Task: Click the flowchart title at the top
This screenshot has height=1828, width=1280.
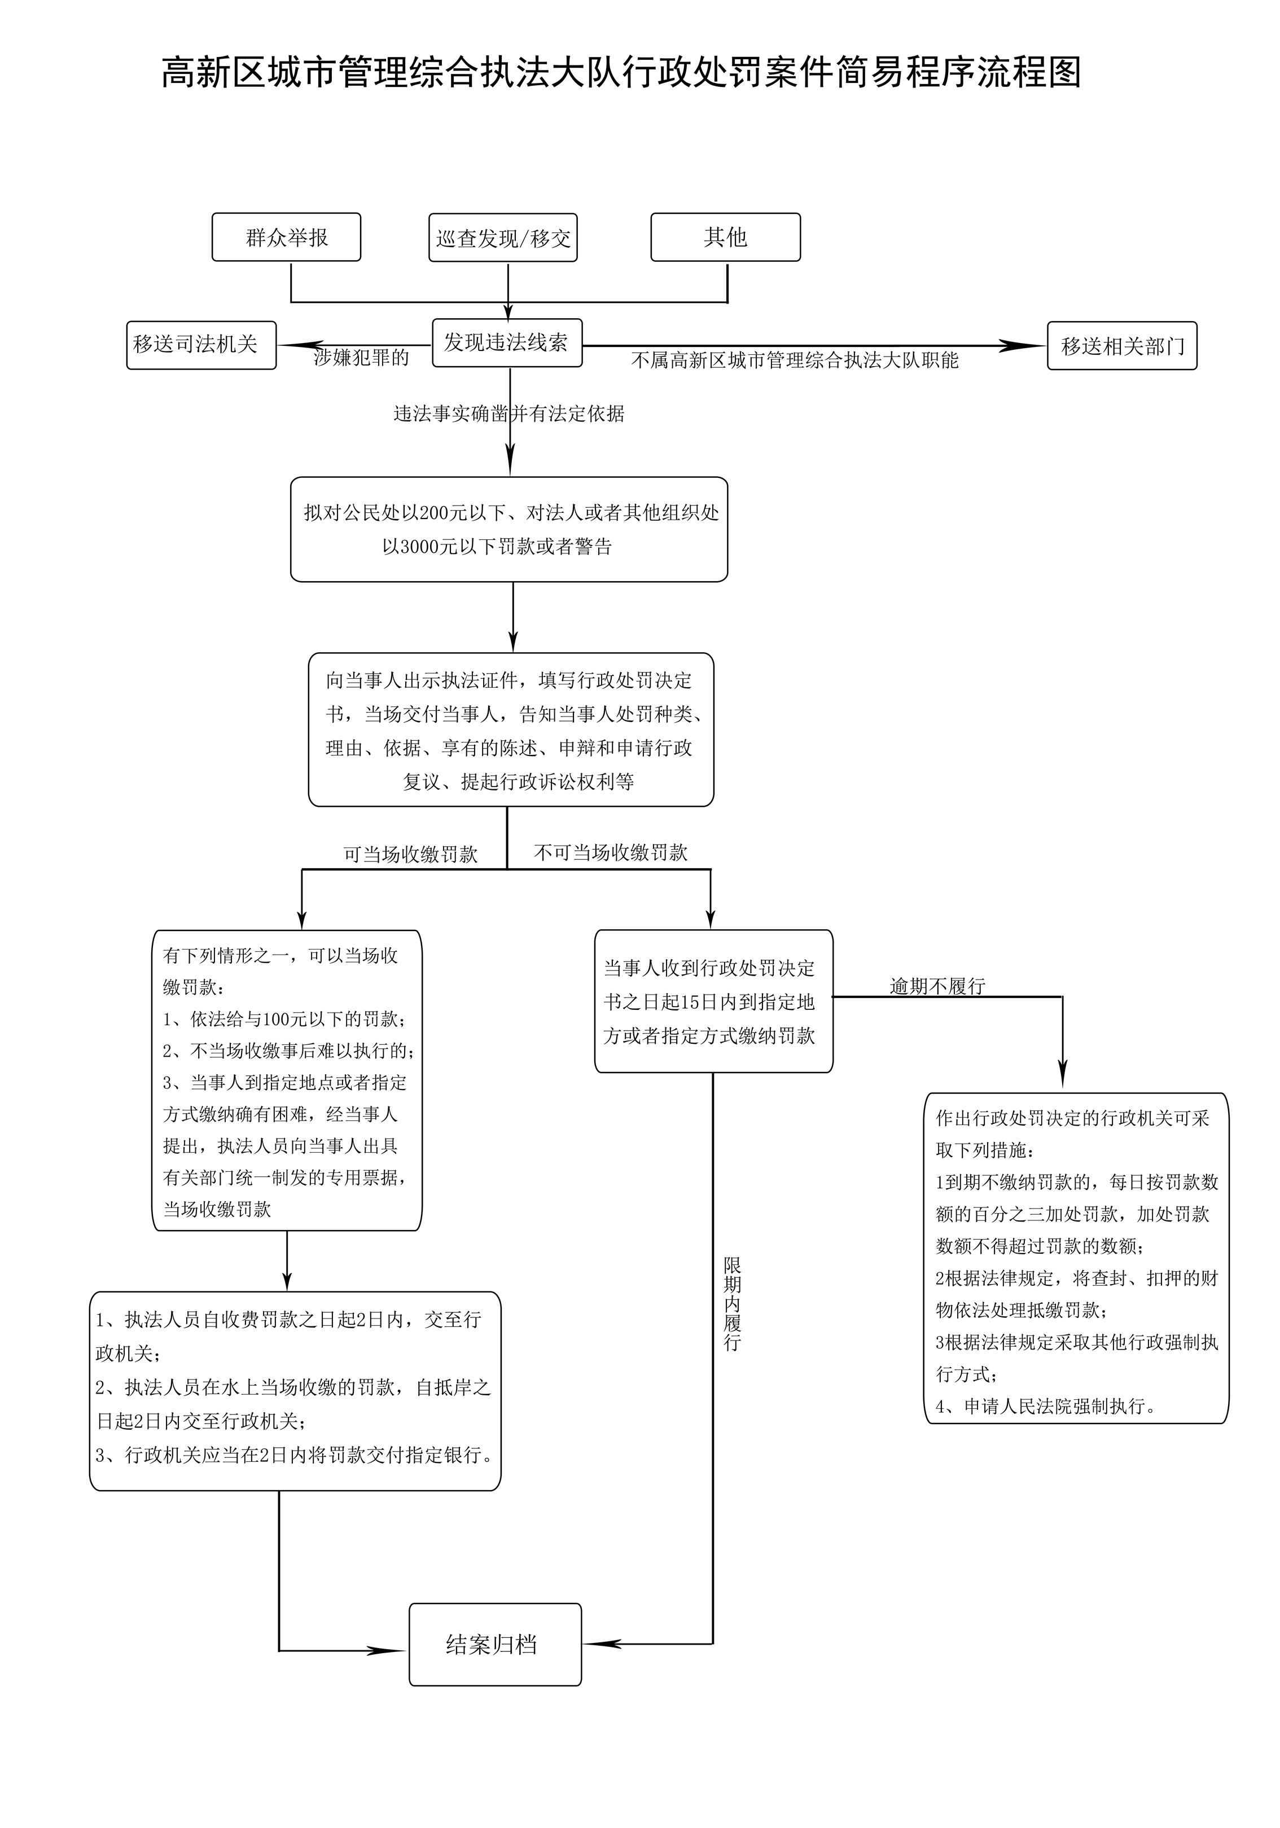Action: (x=621, y=73)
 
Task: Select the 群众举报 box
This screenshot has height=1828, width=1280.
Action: (x=286, y=238)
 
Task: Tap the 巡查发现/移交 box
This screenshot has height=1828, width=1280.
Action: (x=503, y=238)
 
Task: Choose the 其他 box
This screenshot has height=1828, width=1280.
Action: (x=725, y=238)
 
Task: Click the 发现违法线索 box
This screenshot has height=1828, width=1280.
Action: (x=507, y=343)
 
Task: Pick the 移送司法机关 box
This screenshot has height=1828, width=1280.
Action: (x=201, y=345)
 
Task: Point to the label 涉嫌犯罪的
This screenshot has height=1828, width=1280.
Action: (x=362, y=358)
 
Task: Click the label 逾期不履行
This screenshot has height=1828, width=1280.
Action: (x=937, y=986)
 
